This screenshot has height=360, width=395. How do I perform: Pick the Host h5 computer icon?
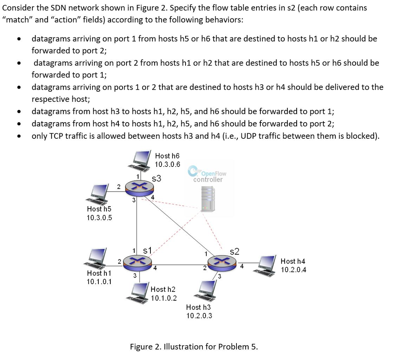click(x=98, y=193)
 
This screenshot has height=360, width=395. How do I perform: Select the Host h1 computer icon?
click(x=98, y=257)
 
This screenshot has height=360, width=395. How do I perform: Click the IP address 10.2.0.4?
click(x=294, y=270)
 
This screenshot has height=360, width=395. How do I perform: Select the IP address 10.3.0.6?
click(x=167, y=164)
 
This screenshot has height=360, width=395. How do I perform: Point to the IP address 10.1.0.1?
click(x=99, y=281)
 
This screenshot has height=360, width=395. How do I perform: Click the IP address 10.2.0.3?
click(x=199, y=316)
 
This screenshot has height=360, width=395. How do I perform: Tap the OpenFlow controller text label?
click(x=208, y=176)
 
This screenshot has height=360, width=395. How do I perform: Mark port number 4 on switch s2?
click(x=242, y=266)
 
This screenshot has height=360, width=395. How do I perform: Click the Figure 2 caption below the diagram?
click(x=194, y=347)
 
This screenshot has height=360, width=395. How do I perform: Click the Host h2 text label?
click(x=163, y=289)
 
